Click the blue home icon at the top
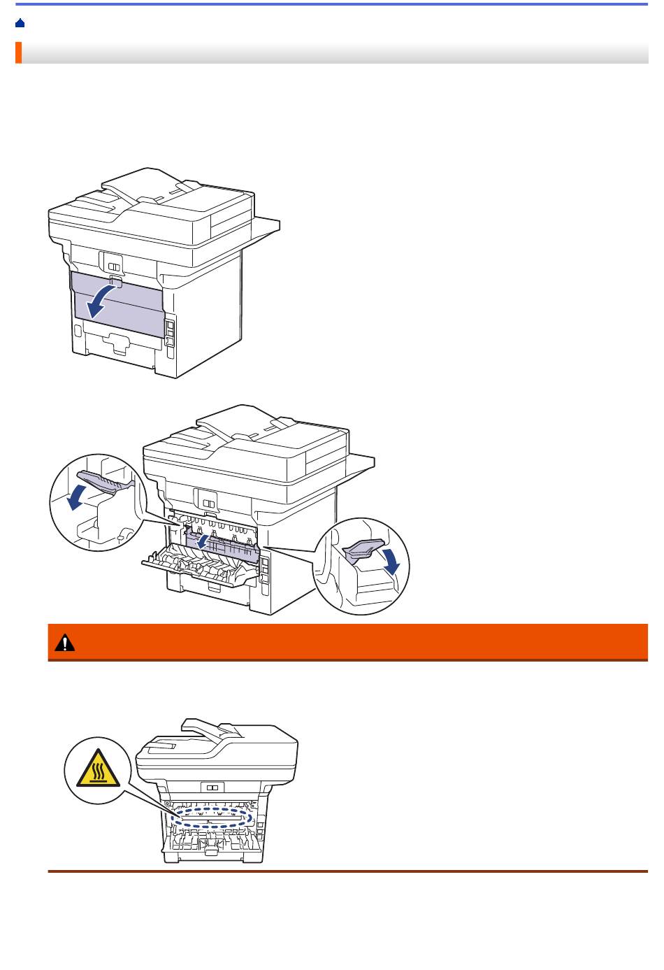click(20, 23)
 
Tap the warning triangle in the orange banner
click(66, 642)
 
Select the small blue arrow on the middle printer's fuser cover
click(202, 541)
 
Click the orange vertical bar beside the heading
click(18, 52)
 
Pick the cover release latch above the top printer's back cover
click(114, 266)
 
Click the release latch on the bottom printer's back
click(212, 787)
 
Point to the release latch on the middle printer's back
click(208, 504)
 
